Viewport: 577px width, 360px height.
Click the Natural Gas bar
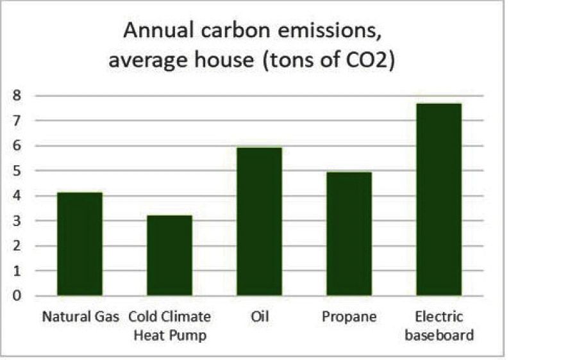point(79,244)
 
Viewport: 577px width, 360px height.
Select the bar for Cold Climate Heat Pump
point(169,256)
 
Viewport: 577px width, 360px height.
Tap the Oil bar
point(259,222)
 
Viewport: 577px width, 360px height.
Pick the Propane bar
point(349,234)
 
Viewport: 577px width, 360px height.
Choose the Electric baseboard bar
point(439,199)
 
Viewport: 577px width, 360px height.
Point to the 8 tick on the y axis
point(18,95)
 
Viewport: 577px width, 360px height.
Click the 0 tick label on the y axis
point(18,296)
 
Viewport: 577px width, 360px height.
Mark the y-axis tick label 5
point(18,171)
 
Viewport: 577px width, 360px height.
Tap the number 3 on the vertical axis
point(18,221)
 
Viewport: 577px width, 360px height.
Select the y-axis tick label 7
point(18,120)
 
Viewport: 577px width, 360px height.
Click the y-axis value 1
point(18,271)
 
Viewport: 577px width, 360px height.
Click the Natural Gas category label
point(80,317)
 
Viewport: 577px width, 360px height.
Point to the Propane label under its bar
point(349,317)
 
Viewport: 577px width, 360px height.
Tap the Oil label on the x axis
point(259,317)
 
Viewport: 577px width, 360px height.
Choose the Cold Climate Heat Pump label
point(169,325)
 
